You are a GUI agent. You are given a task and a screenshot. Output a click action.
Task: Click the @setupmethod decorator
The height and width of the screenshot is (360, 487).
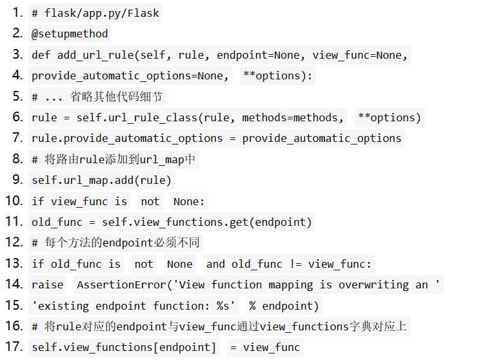coord(70,34)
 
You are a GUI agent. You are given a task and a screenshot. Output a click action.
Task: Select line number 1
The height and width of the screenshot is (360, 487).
coord(17,13)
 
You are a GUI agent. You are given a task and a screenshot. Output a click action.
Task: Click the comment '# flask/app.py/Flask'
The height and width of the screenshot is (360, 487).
coord(95,13)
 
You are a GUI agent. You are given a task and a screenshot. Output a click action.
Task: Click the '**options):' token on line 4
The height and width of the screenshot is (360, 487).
coord(277,76)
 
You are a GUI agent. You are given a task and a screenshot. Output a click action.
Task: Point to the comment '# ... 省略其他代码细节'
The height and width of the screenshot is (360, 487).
coord(97,97)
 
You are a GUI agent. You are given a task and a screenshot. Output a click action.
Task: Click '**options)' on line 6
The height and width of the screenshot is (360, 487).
coord(389,117)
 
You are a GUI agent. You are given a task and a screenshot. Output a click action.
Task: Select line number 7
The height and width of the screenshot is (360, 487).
coord(17,138)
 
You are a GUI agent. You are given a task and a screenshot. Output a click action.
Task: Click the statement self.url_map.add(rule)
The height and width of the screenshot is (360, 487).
coord(102,180)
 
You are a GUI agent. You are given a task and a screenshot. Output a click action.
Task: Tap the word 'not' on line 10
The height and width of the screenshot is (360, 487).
coord(150,201)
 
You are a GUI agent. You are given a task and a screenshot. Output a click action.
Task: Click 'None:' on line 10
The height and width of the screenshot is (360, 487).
coord(188,201)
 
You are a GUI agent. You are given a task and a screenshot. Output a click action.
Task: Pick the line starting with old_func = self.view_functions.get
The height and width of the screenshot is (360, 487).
coord(172,222)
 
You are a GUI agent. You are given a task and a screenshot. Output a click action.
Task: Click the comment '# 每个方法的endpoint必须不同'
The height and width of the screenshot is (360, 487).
coord(115,243)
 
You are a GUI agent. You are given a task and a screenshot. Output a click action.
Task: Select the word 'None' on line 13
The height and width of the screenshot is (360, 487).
coord(179,264)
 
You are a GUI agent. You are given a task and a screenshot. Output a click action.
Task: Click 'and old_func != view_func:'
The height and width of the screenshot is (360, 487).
coord(289,264)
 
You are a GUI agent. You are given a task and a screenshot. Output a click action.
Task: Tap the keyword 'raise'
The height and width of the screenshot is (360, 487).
coord(48,285)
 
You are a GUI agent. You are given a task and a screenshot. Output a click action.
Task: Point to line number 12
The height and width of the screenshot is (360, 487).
coord(14,243)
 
